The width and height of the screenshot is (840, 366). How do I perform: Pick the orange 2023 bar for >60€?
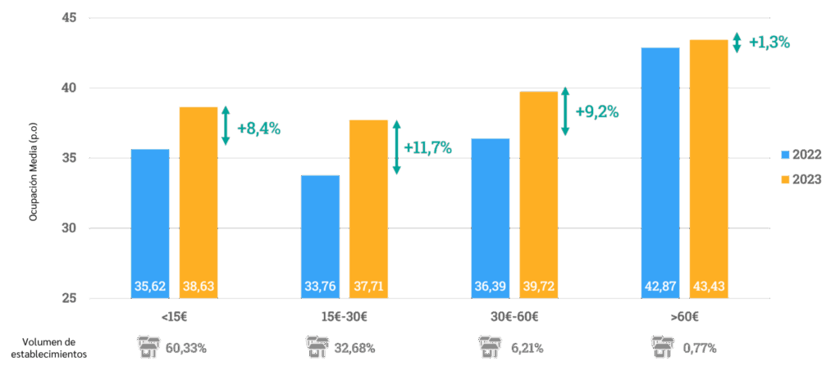click(709, 164)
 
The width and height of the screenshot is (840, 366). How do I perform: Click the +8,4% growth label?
click(258, 129)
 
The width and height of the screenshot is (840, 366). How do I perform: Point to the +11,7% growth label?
click(427, 147)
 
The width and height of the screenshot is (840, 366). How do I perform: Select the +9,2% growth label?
click(596, 111)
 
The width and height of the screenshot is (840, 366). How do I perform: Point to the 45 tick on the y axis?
click(70, 17)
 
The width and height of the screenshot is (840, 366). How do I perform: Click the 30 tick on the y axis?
click(70, 228)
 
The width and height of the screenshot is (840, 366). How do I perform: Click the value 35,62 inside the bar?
click(150, 287)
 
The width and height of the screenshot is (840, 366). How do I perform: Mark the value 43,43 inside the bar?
click(709, 287)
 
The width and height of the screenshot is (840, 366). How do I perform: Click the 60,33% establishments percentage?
click(186, 348)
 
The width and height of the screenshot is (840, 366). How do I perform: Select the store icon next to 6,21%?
click(490, 347)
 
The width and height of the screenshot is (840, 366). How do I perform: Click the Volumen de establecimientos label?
click(48, 348)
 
